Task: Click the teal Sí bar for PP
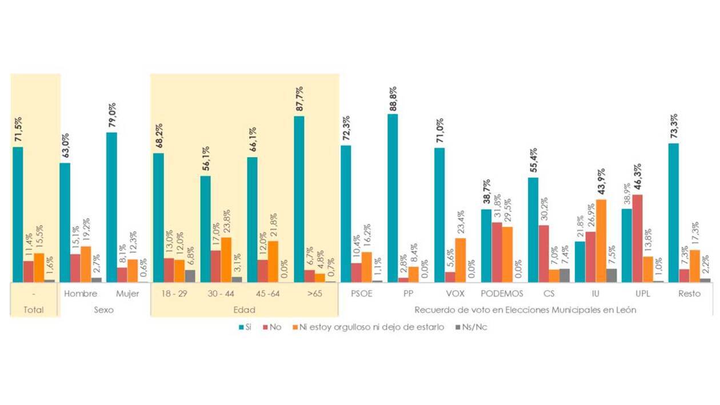point(393,198)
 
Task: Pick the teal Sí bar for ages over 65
point(299,199)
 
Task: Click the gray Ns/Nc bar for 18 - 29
point(190,276)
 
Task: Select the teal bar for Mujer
point(111,207)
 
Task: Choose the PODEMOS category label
point(502,294)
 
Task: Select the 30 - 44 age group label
point(221,294)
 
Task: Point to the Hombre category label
point(81,294)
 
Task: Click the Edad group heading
point(244,310)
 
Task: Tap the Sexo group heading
point(104,310)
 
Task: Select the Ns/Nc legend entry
point(471,327)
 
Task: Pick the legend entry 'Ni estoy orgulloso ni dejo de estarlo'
point(370,327)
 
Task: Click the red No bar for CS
point(543,253)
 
